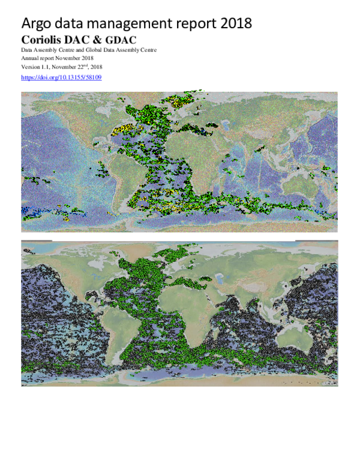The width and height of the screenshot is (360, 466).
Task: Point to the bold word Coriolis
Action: [x=43, y=40]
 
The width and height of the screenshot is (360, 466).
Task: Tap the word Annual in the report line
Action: [x=30, y=58]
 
